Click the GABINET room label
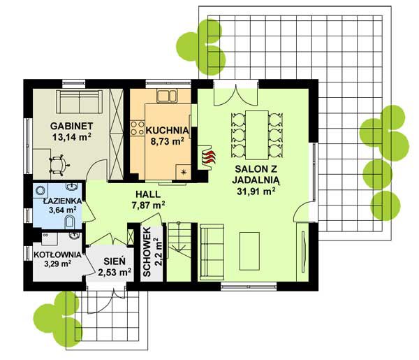coord(72,126)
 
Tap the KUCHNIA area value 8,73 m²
coord(168,141)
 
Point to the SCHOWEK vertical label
coord(147,252)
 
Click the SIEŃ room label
coord(115,261)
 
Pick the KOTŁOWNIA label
coord(57,254)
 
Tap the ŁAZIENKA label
coord(62,201)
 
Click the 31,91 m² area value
coord(256,192)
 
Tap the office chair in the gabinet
coord(59,165)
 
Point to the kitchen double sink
coord(167,96)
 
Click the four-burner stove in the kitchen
coord(138,128)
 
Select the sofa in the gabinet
coord(79,102)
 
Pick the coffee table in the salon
coord(249,251)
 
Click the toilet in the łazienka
coord(70,222)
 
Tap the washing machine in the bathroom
coord(41,190)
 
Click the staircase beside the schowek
coord(179,252)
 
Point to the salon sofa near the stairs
coord(212,252)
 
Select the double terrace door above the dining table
coord(236,95)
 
